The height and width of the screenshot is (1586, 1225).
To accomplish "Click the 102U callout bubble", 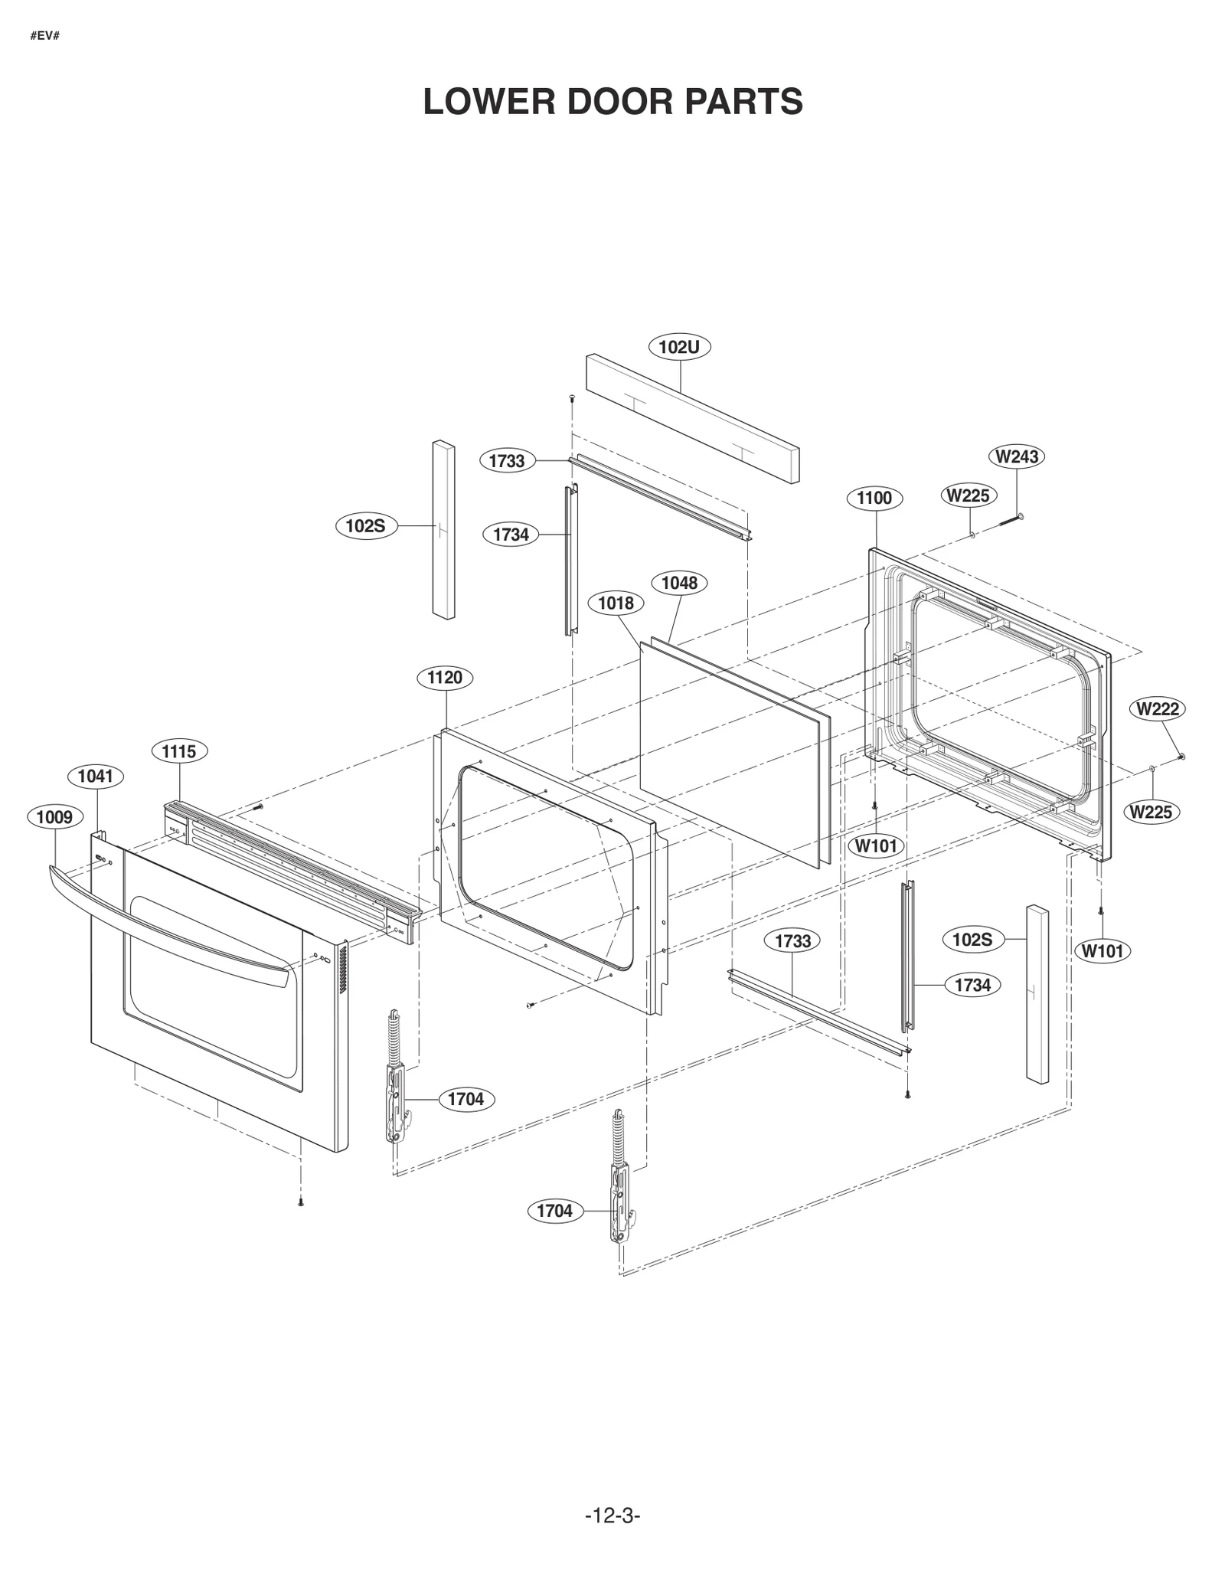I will pyautogui.click(x=679, y=347).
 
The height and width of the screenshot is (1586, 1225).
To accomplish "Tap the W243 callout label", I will pyautogui.click(x=1016, y=456).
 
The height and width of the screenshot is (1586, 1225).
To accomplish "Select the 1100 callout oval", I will pyautogui.click(x=874, y=498).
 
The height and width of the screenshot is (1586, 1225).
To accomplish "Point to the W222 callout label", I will pyautogui.click(x=1158, y=708).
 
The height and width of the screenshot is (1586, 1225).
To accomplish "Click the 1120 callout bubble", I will pyautogui.click(x=444, y=677).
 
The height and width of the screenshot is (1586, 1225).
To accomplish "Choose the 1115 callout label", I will pyautogui.click(x=179, y=751).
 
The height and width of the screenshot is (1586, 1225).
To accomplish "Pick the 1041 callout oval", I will pyautogui.click(x=95, y=776).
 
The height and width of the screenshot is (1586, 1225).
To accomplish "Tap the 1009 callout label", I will pyautogui.click(x=54, y=817).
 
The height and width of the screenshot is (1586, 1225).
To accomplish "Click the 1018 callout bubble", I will pyautogui.click(x=616, y=603).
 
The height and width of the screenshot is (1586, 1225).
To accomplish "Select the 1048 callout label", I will pyautogui.click(x=679, y=583).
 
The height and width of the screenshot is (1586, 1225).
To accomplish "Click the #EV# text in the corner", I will pyautogui.click(x=45, y=36).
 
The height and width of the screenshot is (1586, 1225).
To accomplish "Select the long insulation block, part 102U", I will pyautogui.click(x=693, y=417).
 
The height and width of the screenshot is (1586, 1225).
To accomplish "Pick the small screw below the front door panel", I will pyautogui.click(x=301, y=1202).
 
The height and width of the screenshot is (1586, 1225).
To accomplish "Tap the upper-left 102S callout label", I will pyautogui.click(x=366, y=526).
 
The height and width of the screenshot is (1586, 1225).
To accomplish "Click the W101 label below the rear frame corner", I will pyautogui.click(x=1102, y=950).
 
